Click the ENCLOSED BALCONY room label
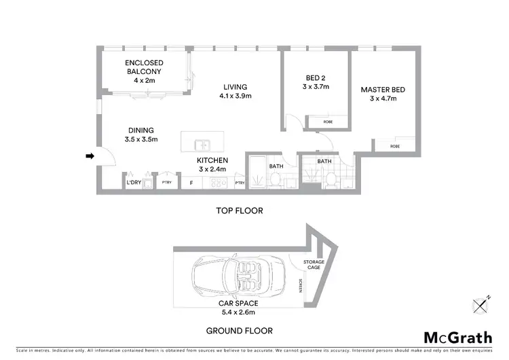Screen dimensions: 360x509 click(x=144, y=67)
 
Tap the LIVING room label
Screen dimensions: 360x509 click(x=235, y=87)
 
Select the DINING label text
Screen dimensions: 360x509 click(x=141, y=130)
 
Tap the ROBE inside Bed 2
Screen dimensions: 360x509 click(x=327, y=122)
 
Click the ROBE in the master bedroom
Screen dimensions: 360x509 click(x=394, y=146)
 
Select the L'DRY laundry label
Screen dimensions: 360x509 click(x=134, y=183)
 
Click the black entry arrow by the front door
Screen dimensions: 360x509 click(x=88, y=157)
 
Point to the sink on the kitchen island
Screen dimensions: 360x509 click(x=202, y=145)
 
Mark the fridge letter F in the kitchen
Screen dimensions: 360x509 click(x=191, y=183)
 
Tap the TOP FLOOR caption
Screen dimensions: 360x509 click(x=239, y=211)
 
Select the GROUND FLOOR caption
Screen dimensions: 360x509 click(x=240, y=331)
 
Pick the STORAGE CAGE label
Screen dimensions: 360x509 click(x=314, y=264)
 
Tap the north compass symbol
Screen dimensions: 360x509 click(x=483, y=306)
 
